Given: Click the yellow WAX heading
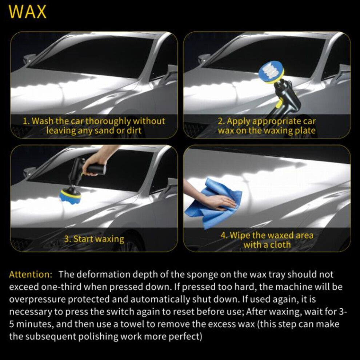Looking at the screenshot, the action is pos(28,12).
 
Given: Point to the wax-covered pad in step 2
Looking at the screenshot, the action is pos(271,71).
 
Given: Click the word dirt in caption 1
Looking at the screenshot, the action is pos(134,131).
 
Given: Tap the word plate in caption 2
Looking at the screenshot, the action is pos(305,131).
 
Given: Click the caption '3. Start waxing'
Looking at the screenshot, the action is pos(94,239).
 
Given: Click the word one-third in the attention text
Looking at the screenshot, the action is pos(61,287).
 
